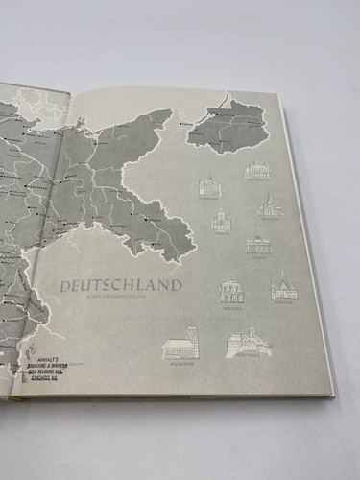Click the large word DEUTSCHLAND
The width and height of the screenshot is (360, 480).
[x=121, y=285]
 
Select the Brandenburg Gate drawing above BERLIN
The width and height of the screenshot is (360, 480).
[x=259, y=245]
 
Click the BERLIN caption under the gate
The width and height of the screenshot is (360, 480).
[x=259, y=257]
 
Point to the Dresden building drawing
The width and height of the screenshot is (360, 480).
[x=231, y=290]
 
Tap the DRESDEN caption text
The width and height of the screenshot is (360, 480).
[x=231, y=305]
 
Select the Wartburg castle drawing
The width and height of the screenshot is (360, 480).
[x=249, y=342]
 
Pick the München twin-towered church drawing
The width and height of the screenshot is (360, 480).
[x=180, y=342]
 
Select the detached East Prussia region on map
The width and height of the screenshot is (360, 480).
[x=230, y=125]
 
